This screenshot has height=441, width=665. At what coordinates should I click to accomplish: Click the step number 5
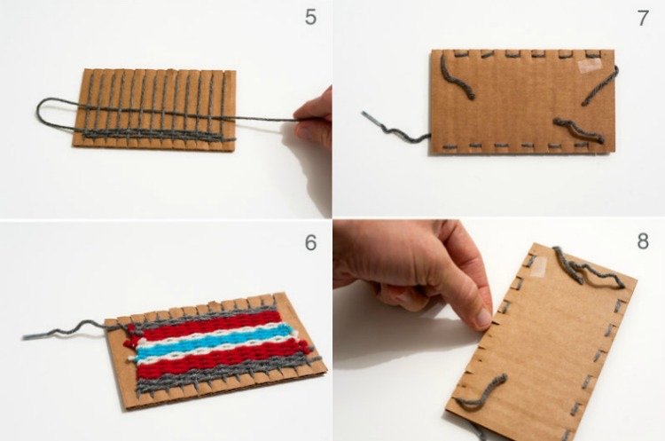point(310,17)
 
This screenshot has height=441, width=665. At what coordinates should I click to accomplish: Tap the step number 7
point(643,18)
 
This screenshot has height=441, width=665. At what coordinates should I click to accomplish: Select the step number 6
point(311,242)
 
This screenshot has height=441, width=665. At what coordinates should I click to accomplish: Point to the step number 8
point(643,241)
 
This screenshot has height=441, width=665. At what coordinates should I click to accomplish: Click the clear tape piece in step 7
point(591,65)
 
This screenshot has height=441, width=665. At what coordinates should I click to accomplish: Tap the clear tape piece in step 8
point(537,264)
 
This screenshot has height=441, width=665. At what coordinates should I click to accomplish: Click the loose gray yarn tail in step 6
point(64,330)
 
